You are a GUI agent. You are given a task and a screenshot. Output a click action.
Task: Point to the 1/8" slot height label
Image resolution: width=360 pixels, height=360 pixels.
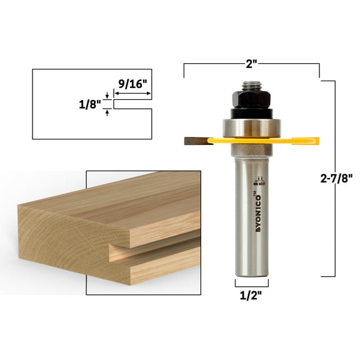tap(91, 104)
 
